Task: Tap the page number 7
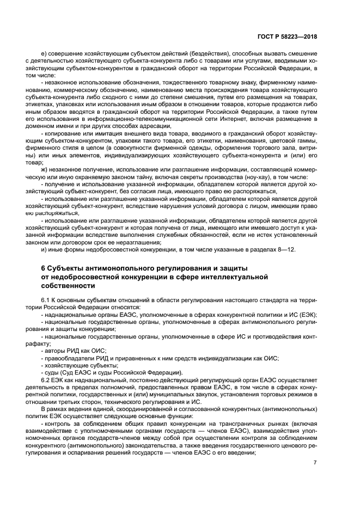click(x=314, y=462)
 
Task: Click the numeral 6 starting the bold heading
click(x=44, y=268)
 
